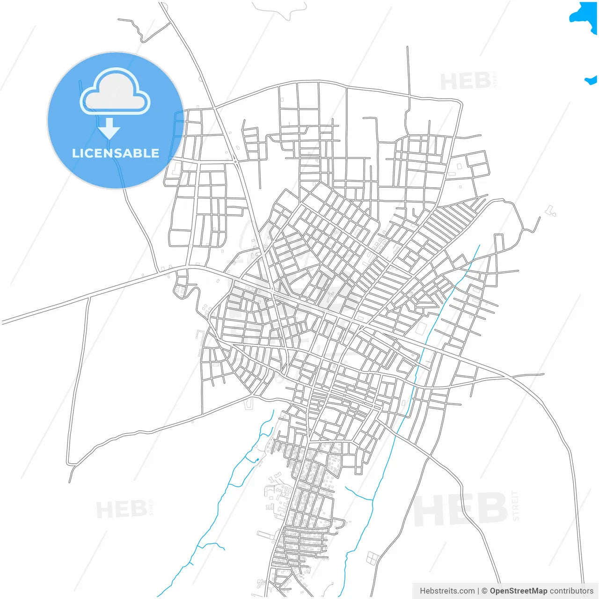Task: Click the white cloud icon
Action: tap(115, 92)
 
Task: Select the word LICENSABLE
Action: tap(116, 153)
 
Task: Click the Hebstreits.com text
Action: tap(447, 591)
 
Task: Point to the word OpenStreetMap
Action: tap(519, 591)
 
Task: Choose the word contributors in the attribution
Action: tap(571, 591)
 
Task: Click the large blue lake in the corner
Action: tap(585, 16)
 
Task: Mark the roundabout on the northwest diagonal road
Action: tap(235, 162)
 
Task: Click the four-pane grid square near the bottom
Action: tap(373, 558)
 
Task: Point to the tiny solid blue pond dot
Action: tap(257, 460)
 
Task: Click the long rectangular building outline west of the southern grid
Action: tap(265, 533)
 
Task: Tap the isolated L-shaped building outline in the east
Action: tap(551, 211)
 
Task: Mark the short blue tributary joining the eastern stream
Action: tap(359, 494)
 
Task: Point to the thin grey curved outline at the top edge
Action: tap(280, 10)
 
